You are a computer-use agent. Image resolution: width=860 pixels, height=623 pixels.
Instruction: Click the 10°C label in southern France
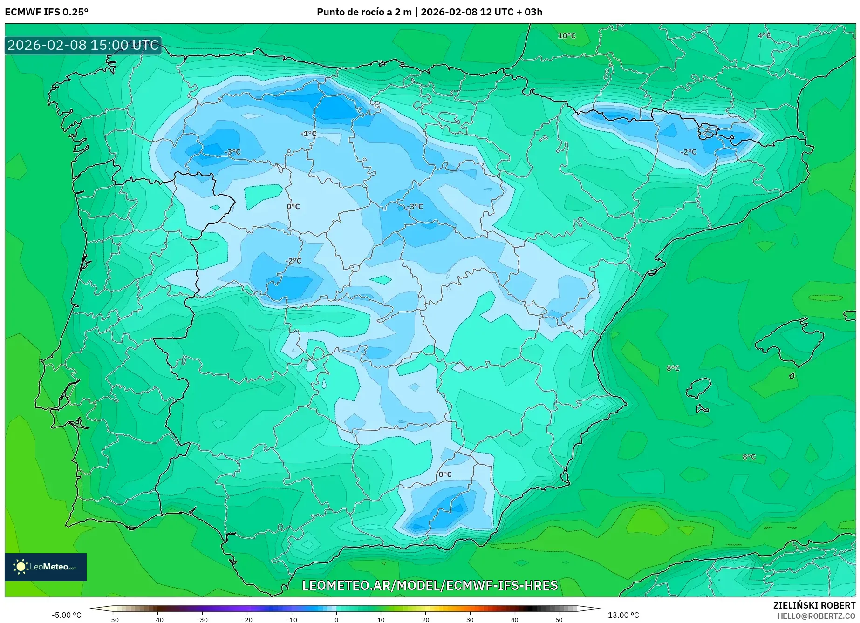coord(567,36)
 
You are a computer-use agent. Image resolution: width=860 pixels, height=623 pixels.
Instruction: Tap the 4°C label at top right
coord(764,36)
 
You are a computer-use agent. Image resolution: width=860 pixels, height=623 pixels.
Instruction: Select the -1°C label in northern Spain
coord(308,134)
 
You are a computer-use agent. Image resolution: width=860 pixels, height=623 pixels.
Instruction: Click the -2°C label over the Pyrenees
coord(688,152)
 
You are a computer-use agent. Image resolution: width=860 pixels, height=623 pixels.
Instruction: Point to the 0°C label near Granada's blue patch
coord(445,474)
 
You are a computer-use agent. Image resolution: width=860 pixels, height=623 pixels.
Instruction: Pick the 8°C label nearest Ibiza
coord(673,368)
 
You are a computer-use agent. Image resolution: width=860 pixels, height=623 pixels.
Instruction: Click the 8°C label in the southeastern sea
coord(749,457)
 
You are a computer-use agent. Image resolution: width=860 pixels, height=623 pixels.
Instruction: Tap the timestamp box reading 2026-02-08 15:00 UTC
coord(83,45)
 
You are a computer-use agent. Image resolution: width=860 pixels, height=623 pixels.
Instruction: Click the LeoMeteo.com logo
coord(46,567)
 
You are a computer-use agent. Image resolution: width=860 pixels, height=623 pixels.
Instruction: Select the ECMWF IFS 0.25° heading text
coord(47,12)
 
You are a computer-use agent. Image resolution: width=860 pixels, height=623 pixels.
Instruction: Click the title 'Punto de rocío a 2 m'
coord(364,12)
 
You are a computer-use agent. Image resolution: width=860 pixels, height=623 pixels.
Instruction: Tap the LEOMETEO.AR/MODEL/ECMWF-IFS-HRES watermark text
coord(430,585)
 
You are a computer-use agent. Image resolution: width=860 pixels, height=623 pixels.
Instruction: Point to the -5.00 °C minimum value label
coord(66,615)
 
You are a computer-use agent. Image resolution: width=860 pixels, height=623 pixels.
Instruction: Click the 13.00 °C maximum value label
coord(623,615)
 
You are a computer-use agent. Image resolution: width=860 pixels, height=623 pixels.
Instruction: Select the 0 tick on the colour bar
coord(336,620)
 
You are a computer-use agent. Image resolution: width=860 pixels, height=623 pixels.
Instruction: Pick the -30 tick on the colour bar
coord(202,620)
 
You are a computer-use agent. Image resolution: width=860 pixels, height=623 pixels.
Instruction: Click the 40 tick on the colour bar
coord(514,620)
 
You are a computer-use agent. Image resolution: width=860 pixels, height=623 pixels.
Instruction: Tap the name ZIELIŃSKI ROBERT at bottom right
coord(814,605)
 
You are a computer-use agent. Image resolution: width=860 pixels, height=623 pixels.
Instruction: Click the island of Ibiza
coord(699,387)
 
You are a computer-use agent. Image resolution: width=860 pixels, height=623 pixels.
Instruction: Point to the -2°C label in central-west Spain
coord(293,261)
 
